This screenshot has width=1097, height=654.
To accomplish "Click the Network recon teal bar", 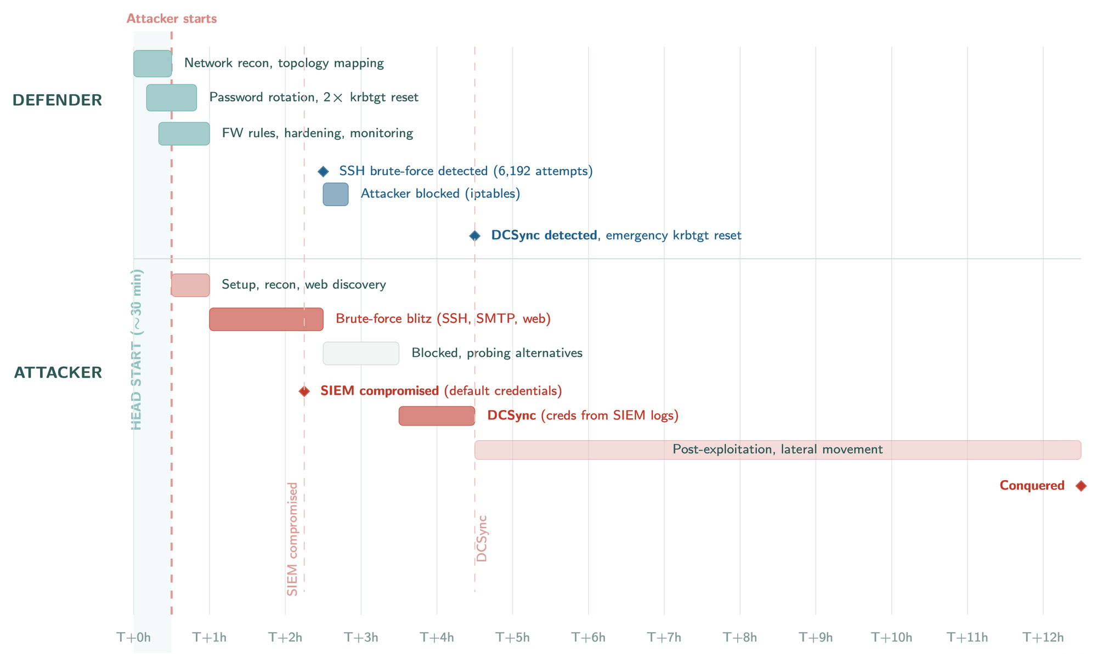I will tap(152, 64).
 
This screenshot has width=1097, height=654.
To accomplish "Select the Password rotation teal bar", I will tap(171, 98).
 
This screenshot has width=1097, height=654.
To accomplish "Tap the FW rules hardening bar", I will tap(184, 134).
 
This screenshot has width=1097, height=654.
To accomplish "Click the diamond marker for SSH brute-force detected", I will tap(323, 172).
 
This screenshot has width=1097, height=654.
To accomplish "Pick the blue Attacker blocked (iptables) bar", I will tap(335, 195).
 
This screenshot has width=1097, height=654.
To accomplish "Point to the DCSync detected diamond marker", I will tap(475, 236).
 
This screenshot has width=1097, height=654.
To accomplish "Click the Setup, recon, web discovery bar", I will tap(190, 285).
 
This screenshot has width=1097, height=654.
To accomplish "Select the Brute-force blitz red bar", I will tap(266, 319).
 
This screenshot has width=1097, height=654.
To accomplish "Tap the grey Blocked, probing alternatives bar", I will tap(361, 353).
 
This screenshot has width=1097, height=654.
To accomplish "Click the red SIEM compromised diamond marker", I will tap(304, 391).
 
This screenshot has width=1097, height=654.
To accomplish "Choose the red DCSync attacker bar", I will tap(437, 416).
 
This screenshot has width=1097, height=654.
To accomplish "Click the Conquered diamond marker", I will tap(1081, 486).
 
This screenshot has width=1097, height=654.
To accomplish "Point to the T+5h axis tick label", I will tap(512, 638).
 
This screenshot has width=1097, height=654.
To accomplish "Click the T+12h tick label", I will tap(1043, 638).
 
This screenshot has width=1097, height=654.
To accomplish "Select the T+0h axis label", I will tap(133, 638).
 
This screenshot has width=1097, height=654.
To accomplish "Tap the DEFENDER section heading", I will tap(57, 100).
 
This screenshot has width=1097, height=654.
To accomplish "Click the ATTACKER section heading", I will tap(58, 373).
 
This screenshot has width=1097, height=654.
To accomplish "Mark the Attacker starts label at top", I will tap(171, 19).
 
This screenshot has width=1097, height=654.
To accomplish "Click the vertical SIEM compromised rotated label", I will tap(292, 539).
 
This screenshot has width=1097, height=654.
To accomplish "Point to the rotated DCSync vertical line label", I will tap(482, 538).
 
